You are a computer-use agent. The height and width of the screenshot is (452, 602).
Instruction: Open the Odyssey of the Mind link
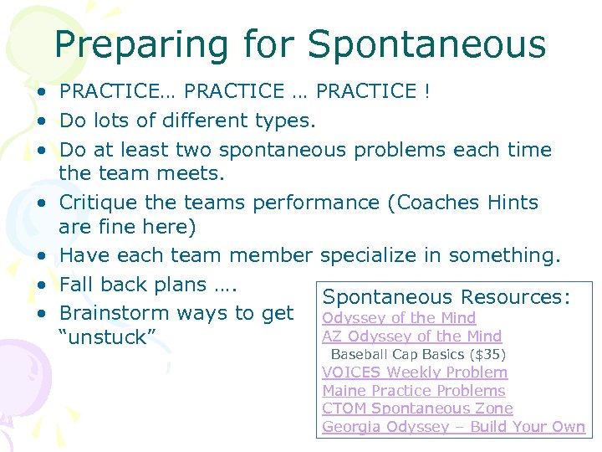399,318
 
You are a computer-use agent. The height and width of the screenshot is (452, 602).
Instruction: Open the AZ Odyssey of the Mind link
411,336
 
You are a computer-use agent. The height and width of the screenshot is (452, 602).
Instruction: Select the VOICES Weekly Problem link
415,372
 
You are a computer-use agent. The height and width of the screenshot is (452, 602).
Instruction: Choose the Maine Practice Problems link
414,391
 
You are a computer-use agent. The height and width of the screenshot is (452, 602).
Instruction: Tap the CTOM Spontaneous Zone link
417,408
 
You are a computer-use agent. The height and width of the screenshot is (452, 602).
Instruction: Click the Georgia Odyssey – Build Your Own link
453,427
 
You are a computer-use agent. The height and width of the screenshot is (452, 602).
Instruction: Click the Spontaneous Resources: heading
446,297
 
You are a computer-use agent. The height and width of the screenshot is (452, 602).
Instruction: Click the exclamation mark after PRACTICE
427,91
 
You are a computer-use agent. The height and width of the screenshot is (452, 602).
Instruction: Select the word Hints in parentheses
512,203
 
